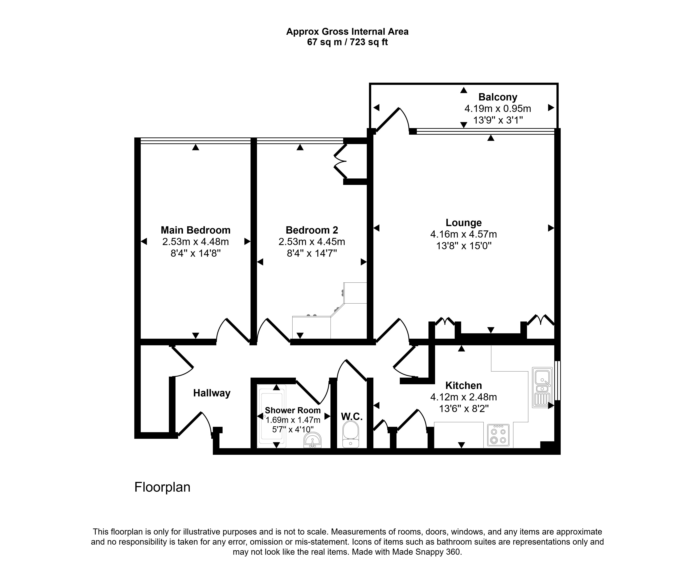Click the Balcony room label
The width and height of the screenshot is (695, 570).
pyautogui.click(x=498, y=97)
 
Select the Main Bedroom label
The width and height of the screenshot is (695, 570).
pyautogui.click(x=196, y=230)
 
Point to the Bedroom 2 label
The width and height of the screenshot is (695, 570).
pyautogui.click(x=312, y=230)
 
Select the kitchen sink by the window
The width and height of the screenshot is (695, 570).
pyautogui.click(x=542, y=387)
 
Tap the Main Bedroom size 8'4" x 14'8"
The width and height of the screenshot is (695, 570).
pyautogui.click(x=196, y=253)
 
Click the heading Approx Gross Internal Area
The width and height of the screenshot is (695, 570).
pyautogui.click(x=347, y=31)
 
